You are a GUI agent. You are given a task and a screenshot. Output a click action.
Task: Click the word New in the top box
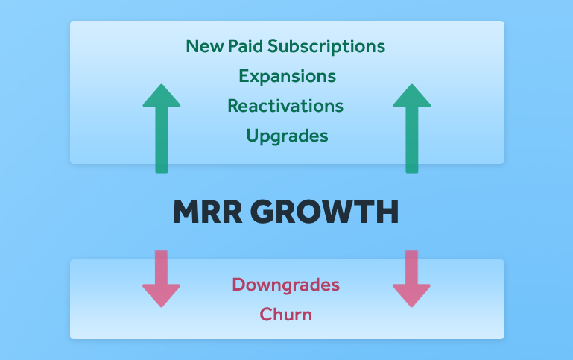[x=205, y=46]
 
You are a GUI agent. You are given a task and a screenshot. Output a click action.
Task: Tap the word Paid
[x=245, y=46]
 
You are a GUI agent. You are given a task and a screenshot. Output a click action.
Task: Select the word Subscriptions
[x=326, y=47]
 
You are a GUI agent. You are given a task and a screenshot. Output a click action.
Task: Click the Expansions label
[x=287, y=77]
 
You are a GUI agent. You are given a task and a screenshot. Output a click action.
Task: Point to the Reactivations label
[x=285, y=106]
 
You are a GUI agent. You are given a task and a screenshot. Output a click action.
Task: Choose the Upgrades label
[x=287, y=136]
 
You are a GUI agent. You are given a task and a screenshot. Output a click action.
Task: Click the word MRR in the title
[x=208, y=212]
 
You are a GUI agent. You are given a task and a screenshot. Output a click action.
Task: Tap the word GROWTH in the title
[x=325, y=212]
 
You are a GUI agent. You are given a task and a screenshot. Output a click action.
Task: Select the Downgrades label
[x=286, y=285]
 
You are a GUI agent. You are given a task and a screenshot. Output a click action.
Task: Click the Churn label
[x=286, y=315]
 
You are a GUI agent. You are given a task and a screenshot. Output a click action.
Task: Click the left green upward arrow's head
[x=162, y=95]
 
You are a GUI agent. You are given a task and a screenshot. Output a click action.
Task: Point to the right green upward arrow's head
[x=412, y=95]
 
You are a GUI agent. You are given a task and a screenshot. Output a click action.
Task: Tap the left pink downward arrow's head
[x=161, y=296]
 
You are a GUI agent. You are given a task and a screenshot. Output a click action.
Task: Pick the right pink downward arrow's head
[x=411, y=296]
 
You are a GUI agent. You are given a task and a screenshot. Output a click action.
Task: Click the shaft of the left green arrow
[x=162, y=140]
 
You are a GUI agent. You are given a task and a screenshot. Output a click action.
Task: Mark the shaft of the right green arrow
[x=412, y=140]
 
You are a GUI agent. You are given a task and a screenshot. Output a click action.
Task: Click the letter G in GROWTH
[x=264, y=212]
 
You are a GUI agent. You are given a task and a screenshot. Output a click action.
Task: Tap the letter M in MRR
[x=187, y=212]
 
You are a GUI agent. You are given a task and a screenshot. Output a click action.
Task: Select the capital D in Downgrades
[x=238, y=285]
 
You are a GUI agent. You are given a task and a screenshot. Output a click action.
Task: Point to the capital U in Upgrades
[x=253, y=135]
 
